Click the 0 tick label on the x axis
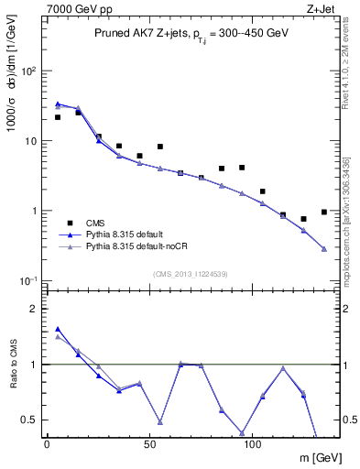pyautogui.click(x=46, y=445)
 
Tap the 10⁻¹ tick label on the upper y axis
pyautogui.click(x=27, y=280)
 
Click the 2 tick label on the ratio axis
pyautogui.click(x=32, y=309)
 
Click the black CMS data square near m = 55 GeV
pyautogui.click(x=160, y=147)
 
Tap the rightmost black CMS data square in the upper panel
pyautogui.click(x=324, y=212)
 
